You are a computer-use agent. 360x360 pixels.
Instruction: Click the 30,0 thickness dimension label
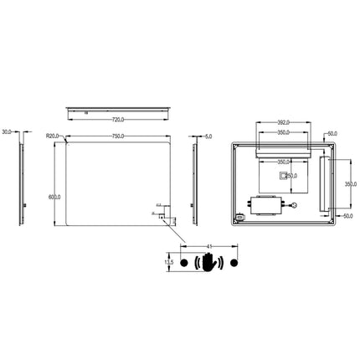8,131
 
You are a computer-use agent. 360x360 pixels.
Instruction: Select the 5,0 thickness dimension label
208,136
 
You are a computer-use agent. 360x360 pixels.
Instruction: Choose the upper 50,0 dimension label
332,133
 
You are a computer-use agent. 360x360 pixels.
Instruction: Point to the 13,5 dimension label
168,262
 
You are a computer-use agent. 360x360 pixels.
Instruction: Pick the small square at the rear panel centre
282,176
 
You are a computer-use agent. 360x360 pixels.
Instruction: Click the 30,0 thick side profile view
21,180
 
